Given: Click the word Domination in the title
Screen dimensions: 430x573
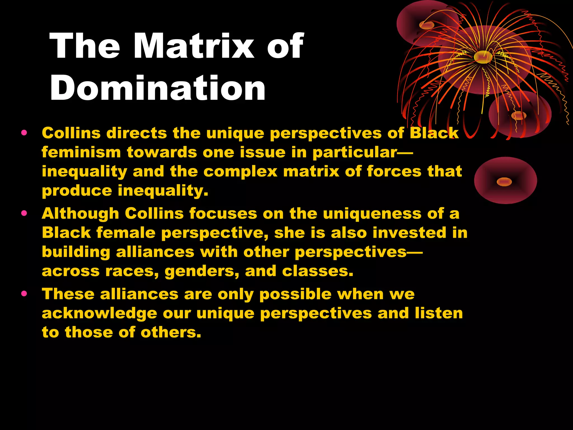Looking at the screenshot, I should [x=158, y=88].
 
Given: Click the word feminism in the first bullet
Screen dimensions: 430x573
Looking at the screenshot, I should [x=81, y=152].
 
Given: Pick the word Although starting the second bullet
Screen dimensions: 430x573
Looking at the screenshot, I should [x=80, y=214].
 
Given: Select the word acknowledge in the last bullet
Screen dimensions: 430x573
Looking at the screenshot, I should [x=99, y=314].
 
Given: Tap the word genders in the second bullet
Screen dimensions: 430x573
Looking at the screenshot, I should [x=202, y=272].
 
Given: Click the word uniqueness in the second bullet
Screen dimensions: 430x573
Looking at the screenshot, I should [x=372, y=214].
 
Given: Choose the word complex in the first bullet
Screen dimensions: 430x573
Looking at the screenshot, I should [x=240, y=171].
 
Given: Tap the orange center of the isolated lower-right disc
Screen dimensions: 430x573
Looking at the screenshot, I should [x=504, y=182].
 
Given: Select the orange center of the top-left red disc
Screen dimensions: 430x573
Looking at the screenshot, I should [x=426, y=25].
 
